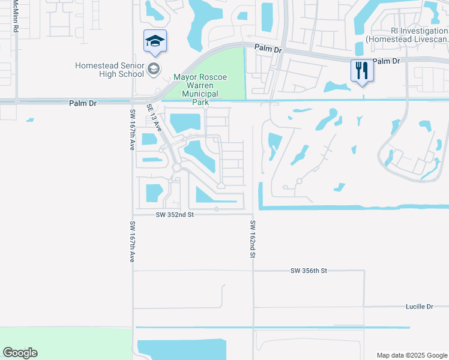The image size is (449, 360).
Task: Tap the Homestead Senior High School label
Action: (110, 70)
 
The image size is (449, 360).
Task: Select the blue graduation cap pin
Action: (155, 41)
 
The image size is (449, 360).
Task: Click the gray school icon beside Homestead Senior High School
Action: (154, 70)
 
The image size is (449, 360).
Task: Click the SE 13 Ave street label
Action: (154, 117)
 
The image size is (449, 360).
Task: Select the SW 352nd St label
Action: (175, 214)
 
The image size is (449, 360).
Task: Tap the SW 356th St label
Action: (309, 271)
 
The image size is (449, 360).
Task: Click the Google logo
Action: (20, 353)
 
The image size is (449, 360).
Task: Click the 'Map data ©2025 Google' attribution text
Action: (412, 355)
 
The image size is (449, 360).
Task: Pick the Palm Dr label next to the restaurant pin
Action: (386, 61)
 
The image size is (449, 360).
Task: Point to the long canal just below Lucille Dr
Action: (270, 328)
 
